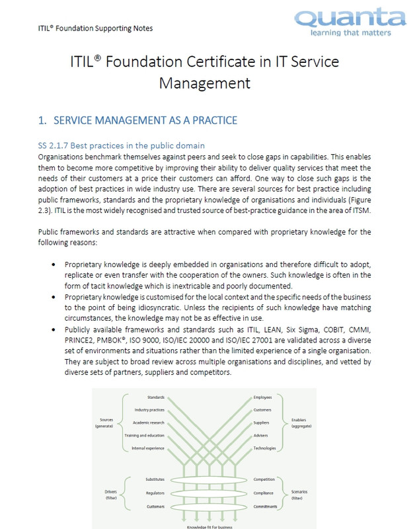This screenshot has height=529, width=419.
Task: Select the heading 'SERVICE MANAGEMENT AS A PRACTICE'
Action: pyautogui.click(x=144, y=120)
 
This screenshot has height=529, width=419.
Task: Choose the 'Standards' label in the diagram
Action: pyautogui.click(x=155, y=397)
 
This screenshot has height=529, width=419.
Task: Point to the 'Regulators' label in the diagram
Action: pyautogui.click(x=155, y=493)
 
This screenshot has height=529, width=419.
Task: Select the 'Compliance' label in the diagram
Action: pyautogui.click(x=264, y=493)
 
